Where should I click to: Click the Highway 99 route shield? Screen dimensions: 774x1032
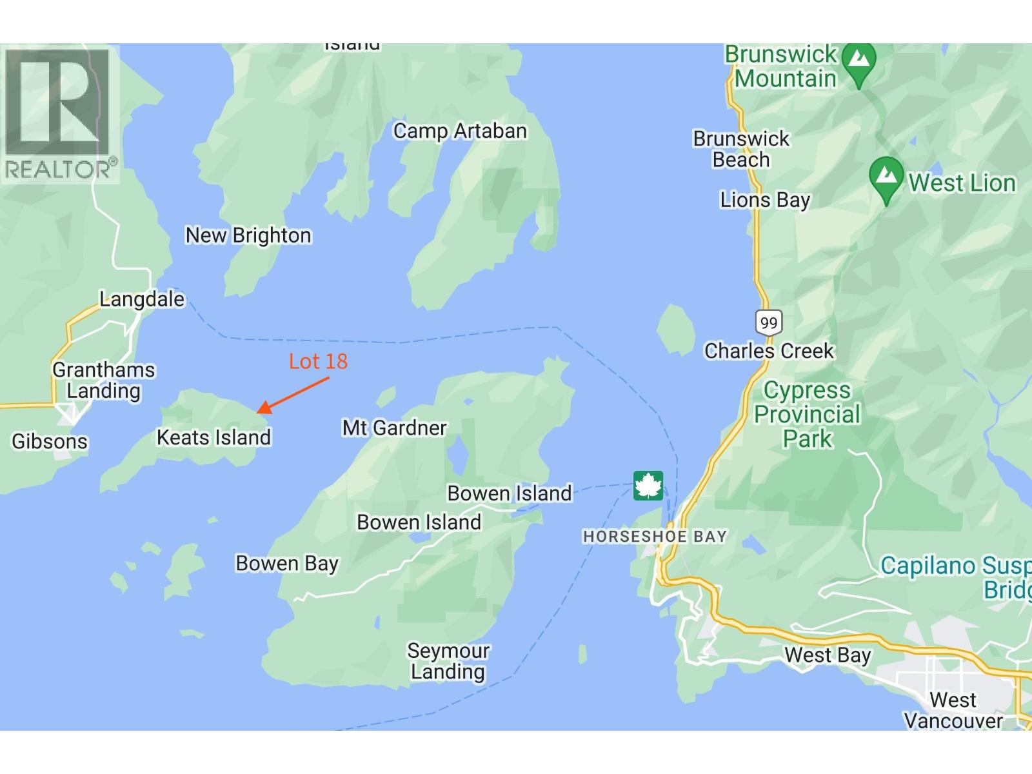coord(768,322)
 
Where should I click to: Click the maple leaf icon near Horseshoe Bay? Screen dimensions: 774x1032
coord(648,486)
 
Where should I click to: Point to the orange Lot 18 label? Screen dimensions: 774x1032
coord(318,361)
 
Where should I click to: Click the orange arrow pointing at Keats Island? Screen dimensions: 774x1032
coord(293,395)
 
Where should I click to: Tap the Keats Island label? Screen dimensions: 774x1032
coord(213,437)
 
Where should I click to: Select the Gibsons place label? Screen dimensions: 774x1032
coord(50,441)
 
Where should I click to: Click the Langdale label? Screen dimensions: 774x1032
coord(142,299)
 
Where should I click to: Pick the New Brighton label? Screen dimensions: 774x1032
coord(248,235)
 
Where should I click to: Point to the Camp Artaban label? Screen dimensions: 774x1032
coord(460,131)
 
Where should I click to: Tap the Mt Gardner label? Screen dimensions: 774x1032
coord(394,428)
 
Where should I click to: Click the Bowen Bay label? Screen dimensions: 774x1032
coord(287,563)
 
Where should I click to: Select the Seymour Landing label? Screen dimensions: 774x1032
coord(448,661)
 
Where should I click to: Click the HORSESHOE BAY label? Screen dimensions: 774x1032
coord(655,536)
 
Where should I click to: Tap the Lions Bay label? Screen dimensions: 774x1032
coord(765,200)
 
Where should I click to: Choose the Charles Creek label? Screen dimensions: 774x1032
coord(769,351)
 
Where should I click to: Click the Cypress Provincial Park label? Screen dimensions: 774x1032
coord(808,415)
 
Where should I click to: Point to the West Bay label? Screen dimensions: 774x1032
coord(828,655)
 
